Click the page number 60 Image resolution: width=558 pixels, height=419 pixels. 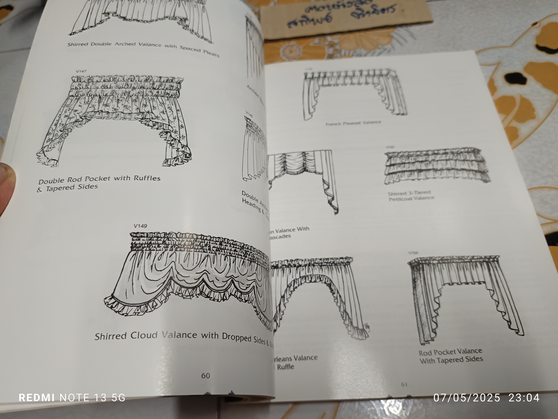[206, 376]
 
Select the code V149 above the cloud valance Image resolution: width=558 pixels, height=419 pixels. [140, 226]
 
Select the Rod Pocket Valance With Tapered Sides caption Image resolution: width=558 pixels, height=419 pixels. [451, 356]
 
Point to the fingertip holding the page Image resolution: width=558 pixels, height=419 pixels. [6, 187]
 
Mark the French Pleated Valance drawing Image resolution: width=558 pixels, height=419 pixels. [354, 93]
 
